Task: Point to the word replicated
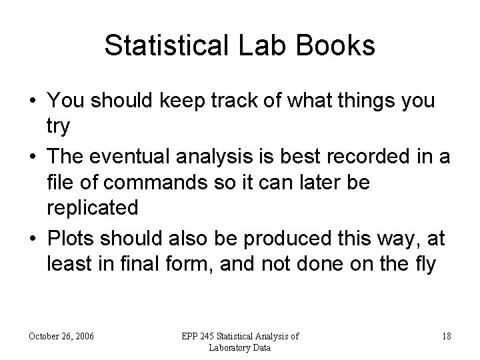92,207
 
